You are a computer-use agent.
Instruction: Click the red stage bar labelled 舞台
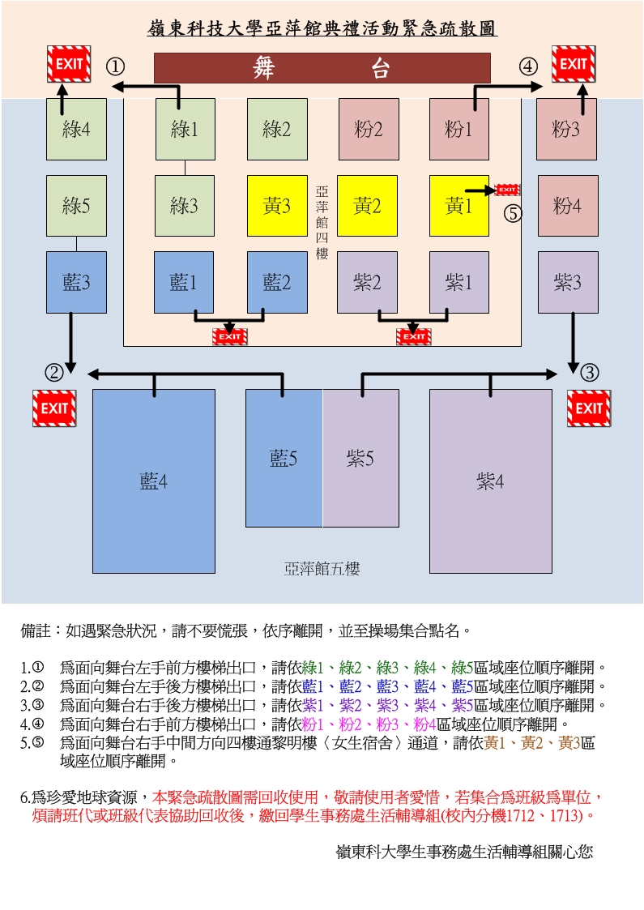[322, 68]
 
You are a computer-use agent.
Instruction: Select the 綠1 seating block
[185, 129]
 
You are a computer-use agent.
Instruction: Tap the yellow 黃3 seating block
[277, 206]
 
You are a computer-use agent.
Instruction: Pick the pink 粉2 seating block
[368, 129]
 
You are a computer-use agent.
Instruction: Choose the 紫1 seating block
[458, 282]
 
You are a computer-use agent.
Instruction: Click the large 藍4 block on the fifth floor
[154, 481]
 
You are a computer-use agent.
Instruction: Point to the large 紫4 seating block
[490, 481]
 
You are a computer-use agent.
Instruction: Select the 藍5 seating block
[284, 459]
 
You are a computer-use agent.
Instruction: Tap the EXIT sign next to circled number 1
[68, 64]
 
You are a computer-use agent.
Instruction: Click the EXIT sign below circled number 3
[589, 408]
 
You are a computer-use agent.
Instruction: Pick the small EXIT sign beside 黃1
[507, 190]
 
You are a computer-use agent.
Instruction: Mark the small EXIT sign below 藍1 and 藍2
[230, 336]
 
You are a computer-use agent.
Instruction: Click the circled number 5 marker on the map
[514, 213]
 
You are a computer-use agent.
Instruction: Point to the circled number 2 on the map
[53, 373]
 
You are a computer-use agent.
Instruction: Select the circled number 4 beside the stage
[528, 66]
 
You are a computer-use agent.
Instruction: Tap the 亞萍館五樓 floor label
[322, 569]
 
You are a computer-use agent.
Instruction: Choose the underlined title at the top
[322, 29]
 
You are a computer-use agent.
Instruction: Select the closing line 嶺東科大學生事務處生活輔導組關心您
[464, 852]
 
